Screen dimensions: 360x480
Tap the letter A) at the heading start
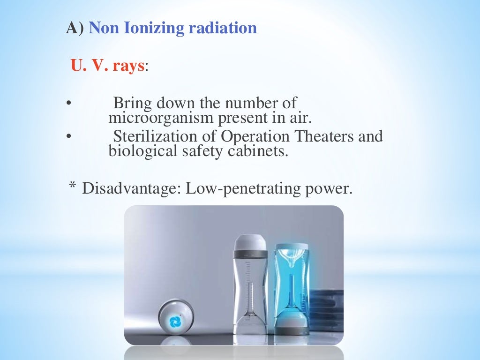click(x=75, y=28)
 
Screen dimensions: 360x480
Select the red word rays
click(x=127, y=66)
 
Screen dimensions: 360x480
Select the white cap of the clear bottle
click(x=250, y=243)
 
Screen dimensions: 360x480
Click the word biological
click(x=140, y=151)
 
